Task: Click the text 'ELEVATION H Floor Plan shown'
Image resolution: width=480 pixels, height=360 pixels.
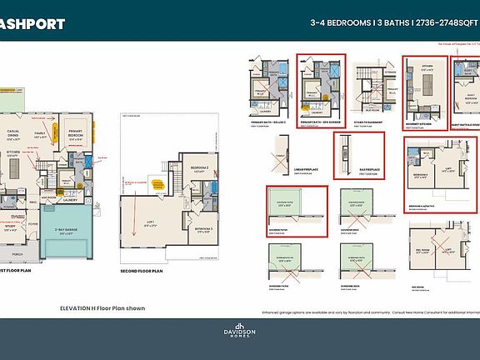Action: tap(102, 307)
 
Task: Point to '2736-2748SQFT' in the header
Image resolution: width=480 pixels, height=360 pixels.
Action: tap(442, 24)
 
